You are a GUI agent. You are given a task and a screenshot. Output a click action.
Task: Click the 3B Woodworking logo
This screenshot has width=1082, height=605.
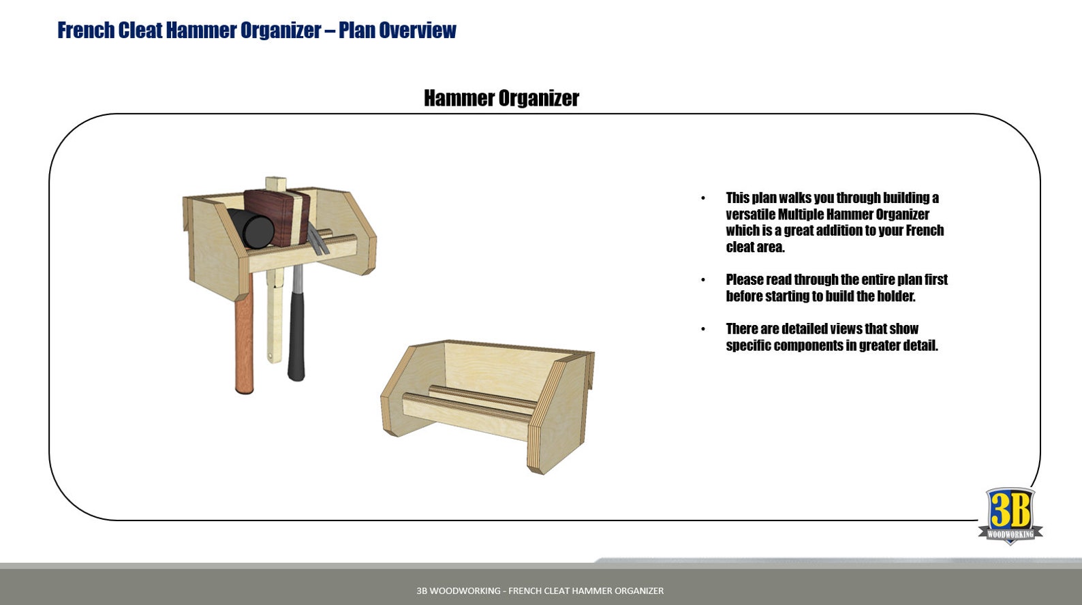point(1010,515)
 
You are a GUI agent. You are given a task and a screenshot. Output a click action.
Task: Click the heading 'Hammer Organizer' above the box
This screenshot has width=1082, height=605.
point(501,98)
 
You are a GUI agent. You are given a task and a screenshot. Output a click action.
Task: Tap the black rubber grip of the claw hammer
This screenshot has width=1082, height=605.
point(296,334)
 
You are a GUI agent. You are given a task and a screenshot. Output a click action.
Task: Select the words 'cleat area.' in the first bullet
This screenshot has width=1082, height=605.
point(755,247)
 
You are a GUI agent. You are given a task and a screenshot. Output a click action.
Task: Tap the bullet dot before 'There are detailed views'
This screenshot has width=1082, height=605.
point(703,329)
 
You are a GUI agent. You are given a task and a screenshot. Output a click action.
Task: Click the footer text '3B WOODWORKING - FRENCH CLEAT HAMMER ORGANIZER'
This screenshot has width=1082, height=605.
point(540,591)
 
